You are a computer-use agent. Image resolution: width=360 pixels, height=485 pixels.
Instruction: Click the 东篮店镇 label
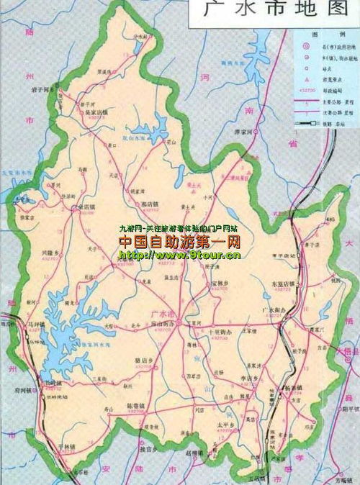tap(276, 284)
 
